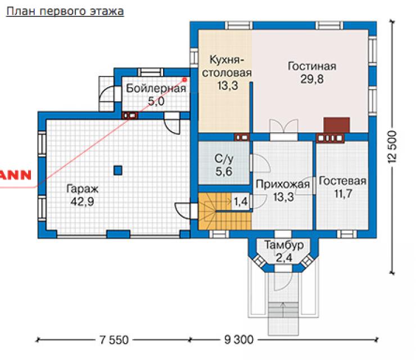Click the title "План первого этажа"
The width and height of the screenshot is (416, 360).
point(65,12)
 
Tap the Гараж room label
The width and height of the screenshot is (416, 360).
point(82,189)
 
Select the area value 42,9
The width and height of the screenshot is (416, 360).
point(82,202)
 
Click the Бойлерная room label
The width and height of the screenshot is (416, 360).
point(156,88)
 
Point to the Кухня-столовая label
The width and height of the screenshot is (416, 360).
point(227,66)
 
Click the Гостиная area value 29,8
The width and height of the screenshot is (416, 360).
point(312,79)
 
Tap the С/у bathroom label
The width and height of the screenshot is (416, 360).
point(224,159)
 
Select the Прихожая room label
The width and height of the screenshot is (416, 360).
point(283,184)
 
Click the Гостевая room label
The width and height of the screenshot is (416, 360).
point(343,181)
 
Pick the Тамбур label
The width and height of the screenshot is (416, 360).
point(284,245)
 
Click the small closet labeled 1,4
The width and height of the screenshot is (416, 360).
point(241,202)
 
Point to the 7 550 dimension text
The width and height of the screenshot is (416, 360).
point(114,340)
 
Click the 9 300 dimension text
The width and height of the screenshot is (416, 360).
point(239,340)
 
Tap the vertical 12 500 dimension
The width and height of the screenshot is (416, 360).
point(392,147)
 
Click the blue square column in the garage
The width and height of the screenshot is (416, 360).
point(118,170)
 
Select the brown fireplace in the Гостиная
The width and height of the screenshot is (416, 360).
point(336,125)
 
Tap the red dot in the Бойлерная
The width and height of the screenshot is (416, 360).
point(185,79)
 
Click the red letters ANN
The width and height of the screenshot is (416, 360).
point(15,175)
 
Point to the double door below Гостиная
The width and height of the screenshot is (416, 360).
point(284,129)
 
